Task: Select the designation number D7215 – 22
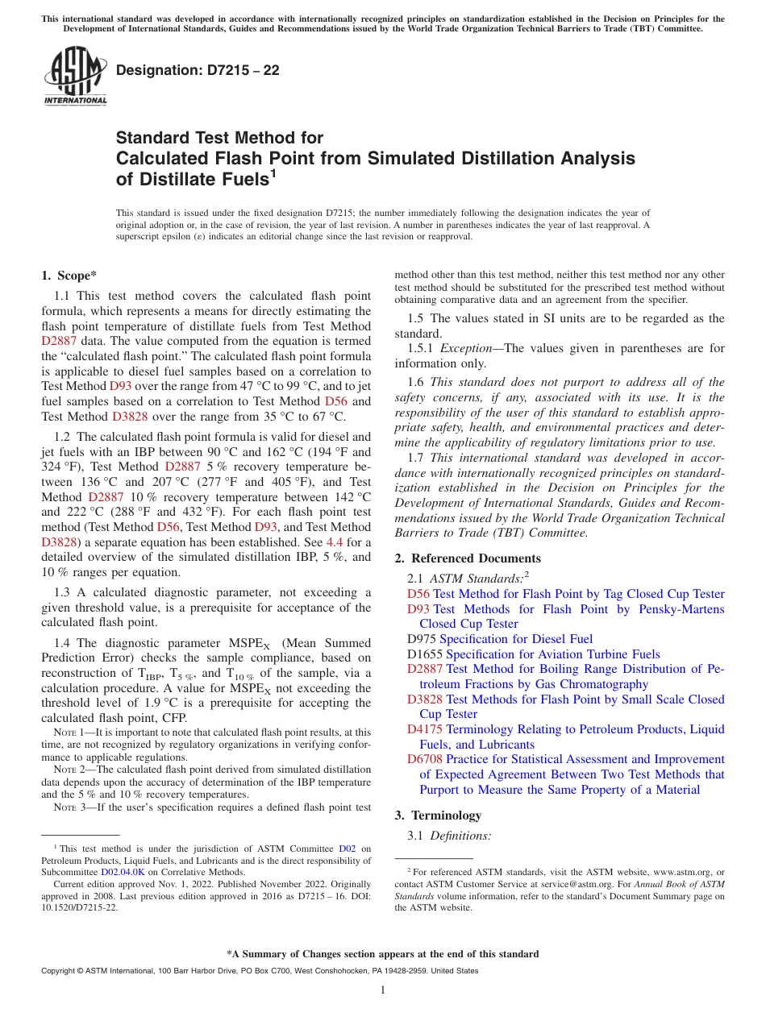(198, 70)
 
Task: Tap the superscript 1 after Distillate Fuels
(273, 173)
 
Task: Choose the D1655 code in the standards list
(424, 654)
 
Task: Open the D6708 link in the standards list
(424, 759)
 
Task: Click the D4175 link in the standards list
(424, 729)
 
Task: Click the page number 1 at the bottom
(383, 990)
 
